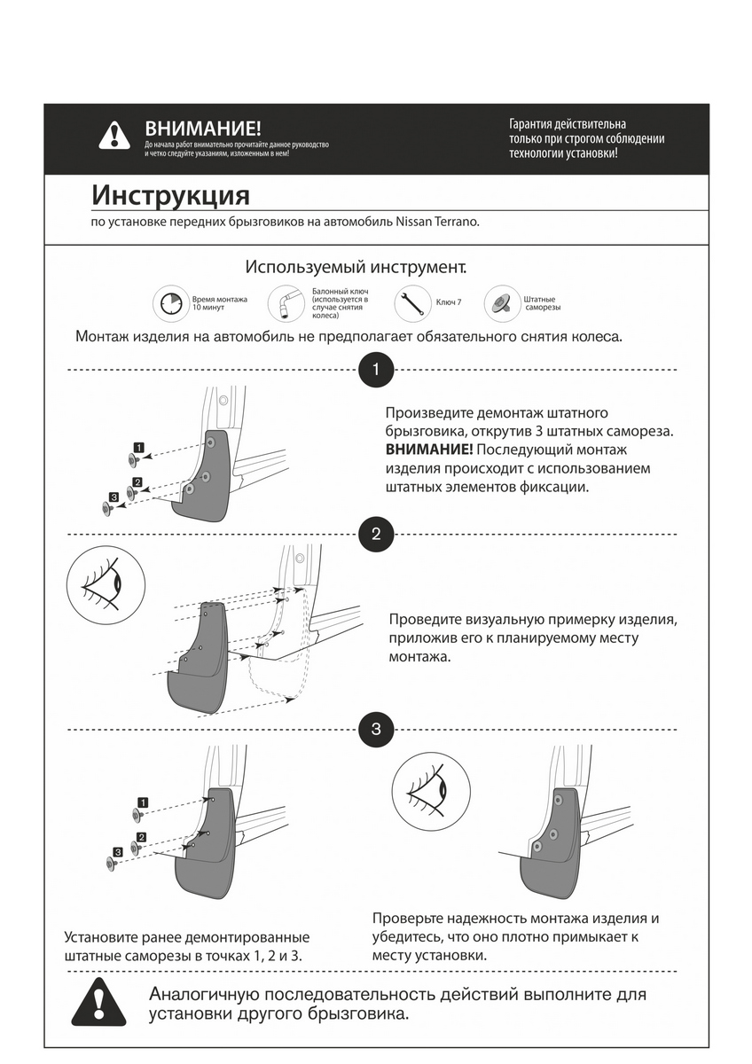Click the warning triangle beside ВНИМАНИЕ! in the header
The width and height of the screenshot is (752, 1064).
click(x=114, y=135)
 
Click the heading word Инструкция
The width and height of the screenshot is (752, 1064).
click(x=170, y=195)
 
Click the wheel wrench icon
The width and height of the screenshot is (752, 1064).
click(x=286, y=304)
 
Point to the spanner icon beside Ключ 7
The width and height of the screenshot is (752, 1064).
click(x=412, y=303)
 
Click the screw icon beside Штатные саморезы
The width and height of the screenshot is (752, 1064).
click(x=501, y=304)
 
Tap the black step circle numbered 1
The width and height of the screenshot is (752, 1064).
click(x=376, y=370)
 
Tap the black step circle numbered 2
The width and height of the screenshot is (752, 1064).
click(x=376, y=534)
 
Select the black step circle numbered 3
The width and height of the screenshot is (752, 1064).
click(x=376, y=730)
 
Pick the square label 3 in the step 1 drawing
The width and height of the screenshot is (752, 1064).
click(x=114, y=497)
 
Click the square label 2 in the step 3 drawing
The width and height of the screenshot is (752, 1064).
click(x=141, y=837)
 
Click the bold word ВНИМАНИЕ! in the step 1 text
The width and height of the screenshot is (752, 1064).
click(x=422, y=450)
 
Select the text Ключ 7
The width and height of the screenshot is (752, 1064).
click(x=449, y=303)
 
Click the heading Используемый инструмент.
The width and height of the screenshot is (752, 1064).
click(x=356, y=267)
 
